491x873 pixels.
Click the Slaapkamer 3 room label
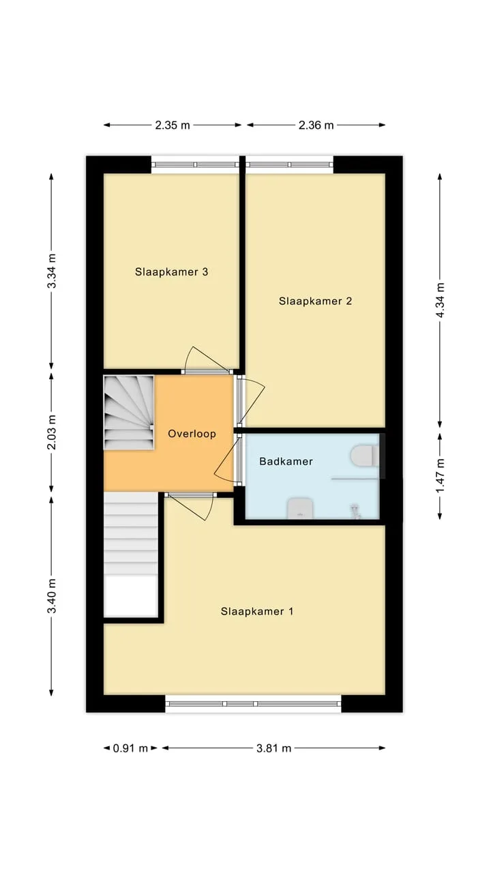click(x=171, y=271)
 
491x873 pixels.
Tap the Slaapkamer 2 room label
click(x=315, y=301)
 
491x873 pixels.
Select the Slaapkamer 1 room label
click(x=257, y=611)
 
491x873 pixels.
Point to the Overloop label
click(x=192, y=434)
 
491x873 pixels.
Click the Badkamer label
click(x=286, y=462)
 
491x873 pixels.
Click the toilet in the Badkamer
click(x=365, y=456)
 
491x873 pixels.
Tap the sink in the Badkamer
click(x=301, y=508)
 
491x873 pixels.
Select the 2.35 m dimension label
click(x=173, y=125)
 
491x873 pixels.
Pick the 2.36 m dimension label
click(x=316, y=125)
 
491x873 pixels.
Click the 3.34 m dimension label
click(x=51, y=271)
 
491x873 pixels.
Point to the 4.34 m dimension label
click(x=440, y=300)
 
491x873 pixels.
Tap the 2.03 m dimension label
click(x=51, y=432)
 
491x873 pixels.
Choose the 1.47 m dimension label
click(x=440, y=475)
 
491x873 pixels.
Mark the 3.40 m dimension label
click(x=51, y=596)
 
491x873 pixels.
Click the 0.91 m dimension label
click(x=130, y=748)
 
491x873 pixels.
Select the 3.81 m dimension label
click(x=273, y=748)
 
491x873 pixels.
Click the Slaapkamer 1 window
click(x=253, y=704)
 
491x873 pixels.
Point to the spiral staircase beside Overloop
click(x=129, y=413)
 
